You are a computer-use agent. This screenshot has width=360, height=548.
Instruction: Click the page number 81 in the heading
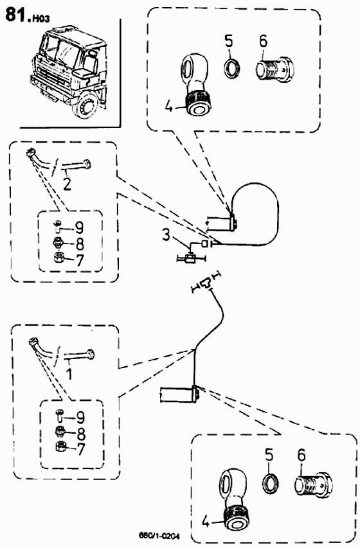[x=15, y=15]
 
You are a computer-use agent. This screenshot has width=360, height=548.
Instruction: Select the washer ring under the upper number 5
[x=232, y=69]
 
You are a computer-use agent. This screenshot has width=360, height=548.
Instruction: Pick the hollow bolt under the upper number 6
[x=274, y=70]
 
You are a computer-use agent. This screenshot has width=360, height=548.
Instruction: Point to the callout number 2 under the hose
[x=67, y=184]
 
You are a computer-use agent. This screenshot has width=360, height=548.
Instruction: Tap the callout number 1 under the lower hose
[x=69, y=373]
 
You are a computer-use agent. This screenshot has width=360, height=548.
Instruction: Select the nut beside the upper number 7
[x=59, y=259]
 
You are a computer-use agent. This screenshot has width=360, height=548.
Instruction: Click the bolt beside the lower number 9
[x=59, y=415]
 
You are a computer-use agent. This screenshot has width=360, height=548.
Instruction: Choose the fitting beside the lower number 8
[x=60, y=432]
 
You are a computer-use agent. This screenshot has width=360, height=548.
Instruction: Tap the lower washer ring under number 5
[x=271, y=483]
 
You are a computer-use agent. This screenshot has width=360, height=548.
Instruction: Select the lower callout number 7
[x=81, y=449]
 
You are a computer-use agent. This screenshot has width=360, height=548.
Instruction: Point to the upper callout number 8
[x=80, y=244]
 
